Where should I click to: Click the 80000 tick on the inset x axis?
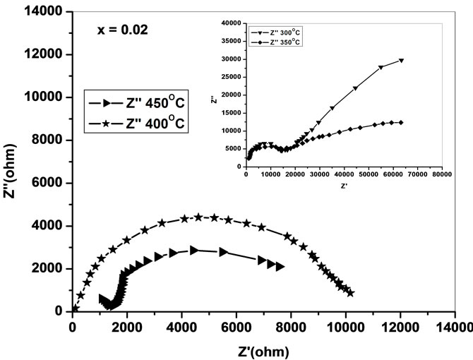[442, 174]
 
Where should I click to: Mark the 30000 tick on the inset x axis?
[319, 174]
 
